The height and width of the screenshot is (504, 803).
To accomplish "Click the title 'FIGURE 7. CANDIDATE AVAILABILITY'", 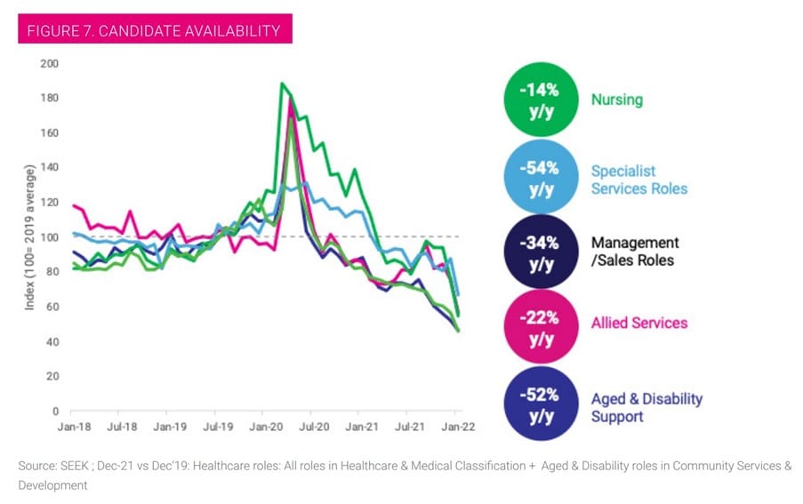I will point(155,30).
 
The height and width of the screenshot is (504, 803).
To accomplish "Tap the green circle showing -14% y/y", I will point(541,100).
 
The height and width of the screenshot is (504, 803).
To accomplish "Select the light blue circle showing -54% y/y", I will point(541,177).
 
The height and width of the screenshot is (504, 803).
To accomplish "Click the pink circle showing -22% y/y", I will point(541,327).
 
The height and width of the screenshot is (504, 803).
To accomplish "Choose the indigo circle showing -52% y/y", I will point(541,404).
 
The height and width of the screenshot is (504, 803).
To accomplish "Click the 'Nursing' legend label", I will point(616,100).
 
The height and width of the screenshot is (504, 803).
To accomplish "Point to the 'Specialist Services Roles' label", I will point(638,179).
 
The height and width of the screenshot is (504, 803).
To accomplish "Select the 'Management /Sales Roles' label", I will point(635,251).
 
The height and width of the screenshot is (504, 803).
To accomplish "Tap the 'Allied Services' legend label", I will point(638,323).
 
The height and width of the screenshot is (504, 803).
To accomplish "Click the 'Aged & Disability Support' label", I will point(646,407).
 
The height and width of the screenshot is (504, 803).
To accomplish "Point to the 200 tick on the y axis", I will point(49,64).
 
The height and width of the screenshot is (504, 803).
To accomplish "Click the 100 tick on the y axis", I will point(49,237).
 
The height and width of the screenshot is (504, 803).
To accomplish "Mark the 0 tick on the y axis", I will point(54,411).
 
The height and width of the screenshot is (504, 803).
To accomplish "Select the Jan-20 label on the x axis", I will point(264,427).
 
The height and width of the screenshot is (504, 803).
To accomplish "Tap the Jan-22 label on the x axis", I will point(458,427).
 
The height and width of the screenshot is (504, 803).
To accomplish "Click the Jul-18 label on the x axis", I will point(121,427).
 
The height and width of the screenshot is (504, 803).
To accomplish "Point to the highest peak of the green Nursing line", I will point(282,84).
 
